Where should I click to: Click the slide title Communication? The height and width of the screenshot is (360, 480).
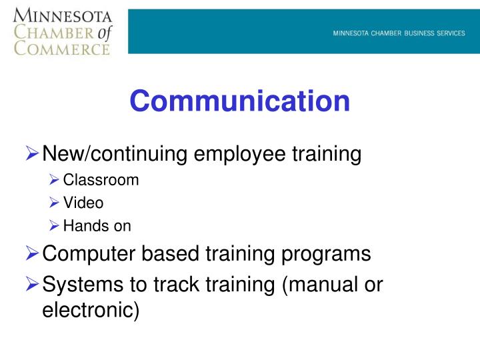[240, 101]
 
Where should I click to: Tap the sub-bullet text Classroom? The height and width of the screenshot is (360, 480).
[101, 180]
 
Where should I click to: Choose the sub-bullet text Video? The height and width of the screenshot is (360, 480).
[83, 203]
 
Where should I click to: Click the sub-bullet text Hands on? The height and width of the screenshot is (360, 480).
[97, 226]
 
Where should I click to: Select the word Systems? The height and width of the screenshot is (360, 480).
[81, 285]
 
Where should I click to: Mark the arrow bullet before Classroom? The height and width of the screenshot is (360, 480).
[54, 180]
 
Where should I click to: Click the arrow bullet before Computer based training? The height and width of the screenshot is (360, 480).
[33, 254]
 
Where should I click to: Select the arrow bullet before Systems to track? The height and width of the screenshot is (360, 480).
[33, 285]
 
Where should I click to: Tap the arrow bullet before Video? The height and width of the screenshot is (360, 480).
[54, 203]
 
